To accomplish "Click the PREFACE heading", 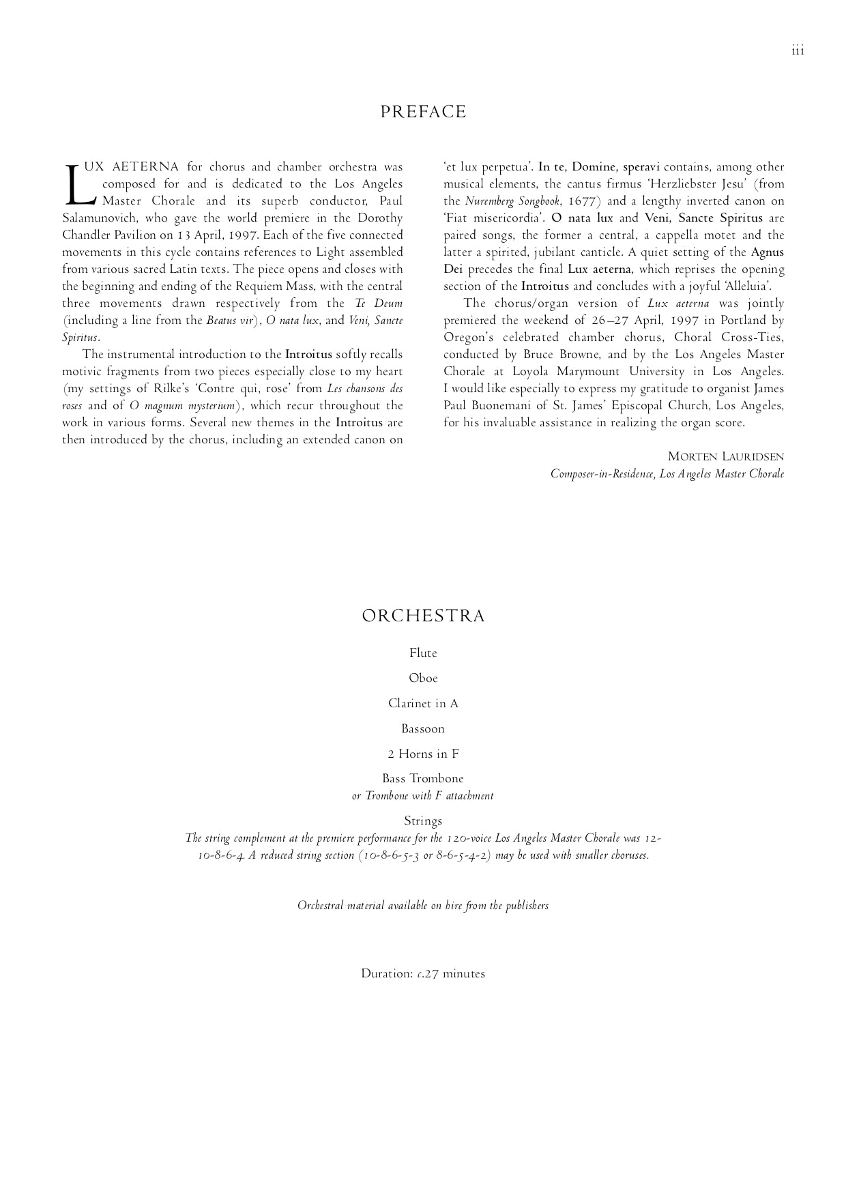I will (423, 113).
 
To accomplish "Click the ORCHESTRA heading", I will (423, 617).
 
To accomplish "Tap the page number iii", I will (798, 51).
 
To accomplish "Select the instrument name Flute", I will (423, 653).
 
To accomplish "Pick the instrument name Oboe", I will (423, 679).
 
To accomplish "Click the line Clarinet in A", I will (423, 704).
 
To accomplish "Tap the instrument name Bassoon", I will (423, 729).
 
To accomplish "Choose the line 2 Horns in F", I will (423, 754).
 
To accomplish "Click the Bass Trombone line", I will (423, 779).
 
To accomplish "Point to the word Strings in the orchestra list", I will (423, 821).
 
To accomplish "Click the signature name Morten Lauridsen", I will (726, 457).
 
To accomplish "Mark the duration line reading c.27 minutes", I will (423, 974).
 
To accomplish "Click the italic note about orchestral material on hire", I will (423, 906).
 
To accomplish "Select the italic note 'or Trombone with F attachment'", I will (423, 796).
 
